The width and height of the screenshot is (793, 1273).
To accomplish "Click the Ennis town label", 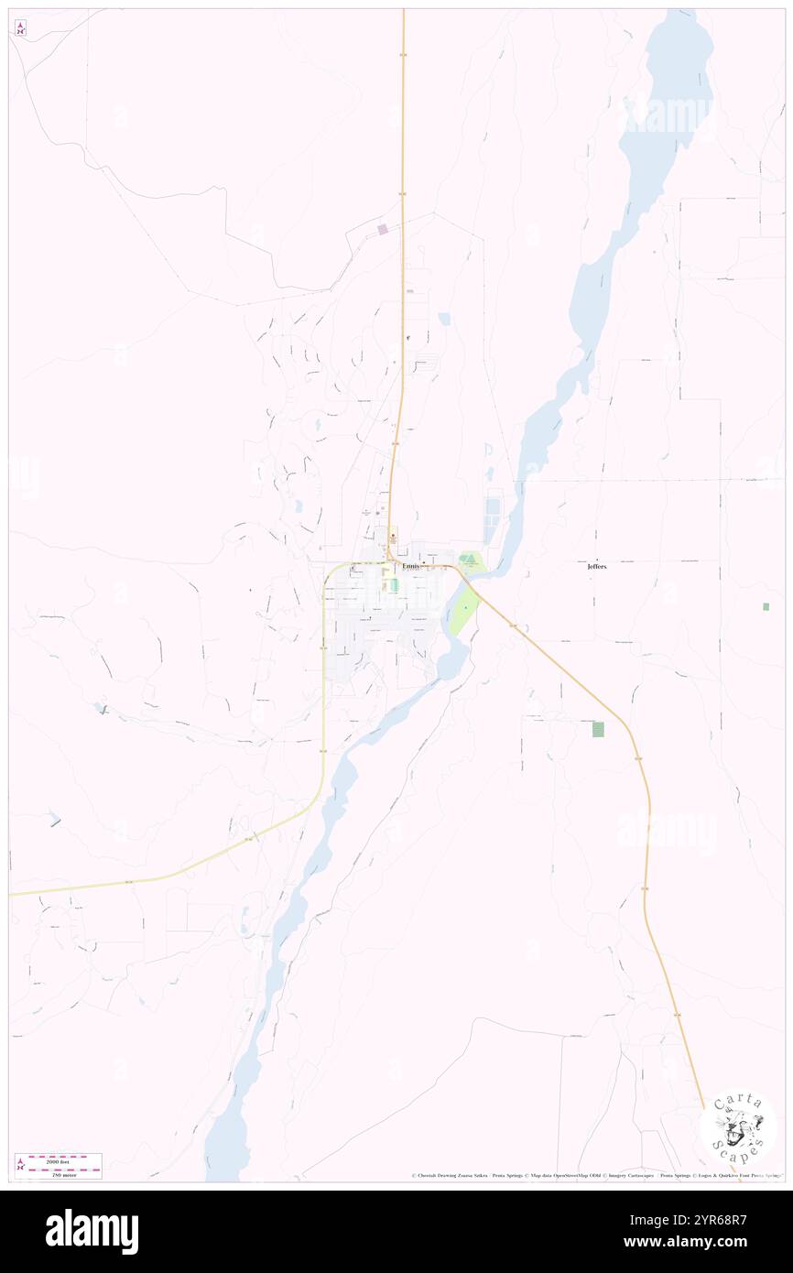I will coord(410,566).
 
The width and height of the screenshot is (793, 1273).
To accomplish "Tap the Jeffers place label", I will coord(597,567).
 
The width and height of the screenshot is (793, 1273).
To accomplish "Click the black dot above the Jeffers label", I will coord(597,560).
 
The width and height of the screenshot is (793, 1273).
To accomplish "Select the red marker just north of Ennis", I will coord(393,536).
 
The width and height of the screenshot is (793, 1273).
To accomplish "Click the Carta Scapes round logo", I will coord(737,1127).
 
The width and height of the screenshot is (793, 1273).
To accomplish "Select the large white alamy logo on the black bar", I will coord(92,1231).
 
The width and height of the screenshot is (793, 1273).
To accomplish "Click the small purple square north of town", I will coord(383,229).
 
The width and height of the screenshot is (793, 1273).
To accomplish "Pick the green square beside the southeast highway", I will coord(598,729).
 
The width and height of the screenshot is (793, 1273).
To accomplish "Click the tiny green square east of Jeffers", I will coord(766,606).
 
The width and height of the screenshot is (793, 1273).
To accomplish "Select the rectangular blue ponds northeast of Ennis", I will coord(494,506).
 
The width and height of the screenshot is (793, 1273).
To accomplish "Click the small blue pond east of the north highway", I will coord(444,319).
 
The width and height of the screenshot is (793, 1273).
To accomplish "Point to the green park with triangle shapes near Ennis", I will coord(470,560).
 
